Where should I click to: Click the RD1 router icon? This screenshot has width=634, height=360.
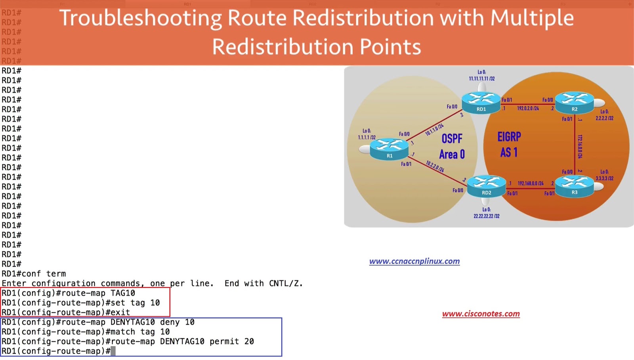[x=481, y=102]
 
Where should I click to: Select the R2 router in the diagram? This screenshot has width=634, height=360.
[x=575, y=102]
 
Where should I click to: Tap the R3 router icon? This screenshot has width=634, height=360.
[x=575, y=186]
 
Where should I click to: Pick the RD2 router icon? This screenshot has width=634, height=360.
[x=487, y=186]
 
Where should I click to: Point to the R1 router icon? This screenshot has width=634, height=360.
[x=389, y=149]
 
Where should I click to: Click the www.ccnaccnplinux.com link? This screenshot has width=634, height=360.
[x=414, y=261]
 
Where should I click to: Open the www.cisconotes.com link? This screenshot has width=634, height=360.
[x=481, y=314]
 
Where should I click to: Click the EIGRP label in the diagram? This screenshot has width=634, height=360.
[x=509, y=137]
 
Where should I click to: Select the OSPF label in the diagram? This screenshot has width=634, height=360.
[x=452, y=139]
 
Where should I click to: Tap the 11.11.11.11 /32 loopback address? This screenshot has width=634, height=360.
[x=482, y=79]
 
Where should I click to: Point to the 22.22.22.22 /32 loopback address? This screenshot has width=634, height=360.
[x=487, y=216]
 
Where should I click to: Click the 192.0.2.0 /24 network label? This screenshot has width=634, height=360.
[x=528, y=108]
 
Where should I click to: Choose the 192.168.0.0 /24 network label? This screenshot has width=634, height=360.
[x=531, y=184]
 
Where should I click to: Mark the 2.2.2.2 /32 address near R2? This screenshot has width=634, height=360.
[x=604, y=118]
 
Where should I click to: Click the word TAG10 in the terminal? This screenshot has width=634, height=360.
[x=123, y=293]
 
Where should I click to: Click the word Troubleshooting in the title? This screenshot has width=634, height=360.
[x=141, y=18]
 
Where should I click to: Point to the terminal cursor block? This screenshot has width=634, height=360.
[x=113, y=351]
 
